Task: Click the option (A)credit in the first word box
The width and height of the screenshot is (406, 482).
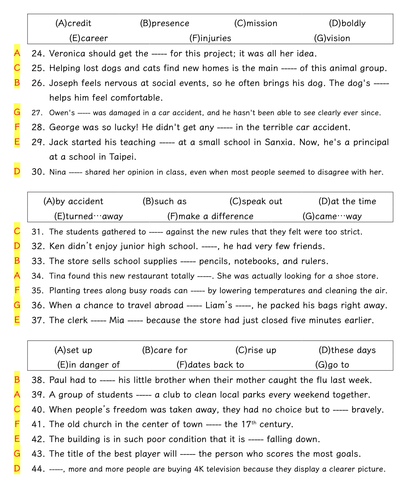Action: pyautogui.click(x=73, y=23)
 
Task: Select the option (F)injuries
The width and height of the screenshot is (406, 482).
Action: pyautogui.click(x=210, y=38)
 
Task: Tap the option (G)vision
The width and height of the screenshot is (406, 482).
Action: pyautogui.click(x=332, y=38)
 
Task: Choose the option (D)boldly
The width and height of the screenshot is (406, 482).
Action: pyautogui.click(x=347, y=23)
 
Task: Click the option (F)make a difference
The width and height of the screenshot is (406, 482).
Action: pyautogui.click(x=210, y=216)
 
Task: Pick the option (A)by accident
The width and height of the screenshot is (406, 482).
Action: pyautogui.click(x=73, y=201)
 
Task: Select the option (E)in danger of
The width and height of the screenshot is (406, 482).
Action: pyautogui.click(x=88, y=365)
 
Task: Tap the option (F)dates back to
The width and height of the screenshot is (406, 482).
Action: pyautogui.click(x=210, y=365)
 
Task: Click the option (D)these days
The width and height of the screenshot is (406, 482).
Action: pyautogui.click(x=347, y=350)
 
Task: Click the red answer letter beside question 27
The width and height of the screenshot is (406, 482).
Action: pyautogui.click(x=17, y=112)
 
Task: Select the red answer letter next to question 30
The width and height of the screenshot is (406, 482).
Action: pyautogui.click(x=17, y=171)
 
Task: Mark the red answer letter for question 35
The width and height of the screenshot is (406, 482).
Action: pyautogui.click(x=17, y=290)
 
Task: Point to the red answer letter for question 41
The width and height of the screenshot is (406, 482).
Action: pyautogui.click(x=17, y=424)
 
